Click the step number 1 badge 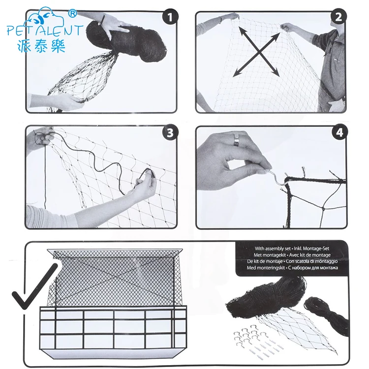coord(170,18)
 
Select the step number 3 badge coord(170,133)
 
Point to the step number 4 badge coord(339,132)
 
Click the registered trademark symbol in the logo coord(72,11)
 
